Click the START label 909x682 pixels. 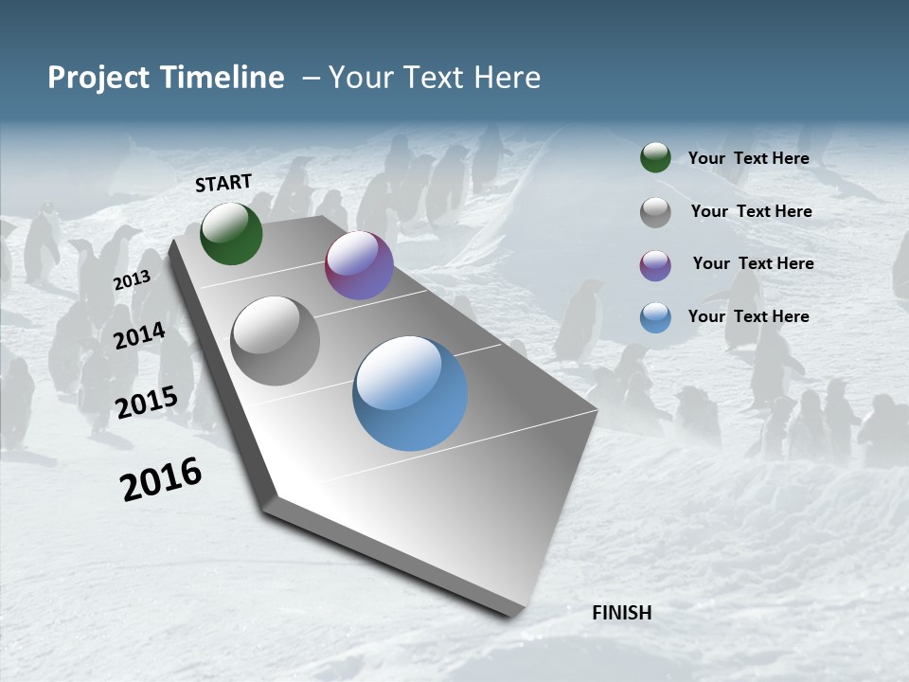pyautogui.click(x=223, y=183)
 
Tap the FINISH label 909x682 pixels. pyautogui.click(x=622, y=613)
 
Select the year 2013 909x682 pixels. pyautogui.click(x=132, y=280)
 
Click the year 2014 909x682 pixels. pyautogui.click(x=140, y=336)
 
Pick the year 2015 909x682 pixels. pyautogui.click(x=147, y=403)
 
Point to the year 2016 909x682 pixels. pyautogui.click(x=161, y=478)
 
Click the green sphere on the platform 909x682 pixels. pyautogui.click(x=231, y=233)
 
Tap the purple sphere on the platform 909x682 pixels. pyautogui.click(x=359, y=265)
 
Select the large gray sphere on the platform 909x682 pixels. pyautogui.click(x=276, y=341)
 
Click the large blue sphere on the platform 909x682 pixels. pyautogui.click(x=410, y=393)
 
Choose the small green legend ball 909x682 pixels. pyautogui.click(x=655, y=157)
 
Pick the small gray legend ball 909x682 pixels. pyautogui.click(x=655, y=211)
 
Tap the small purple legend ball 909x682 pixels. pyautogui.click(x=655, y=264)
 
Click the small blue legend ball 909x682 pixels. pyautogui.click(x=655, y=317)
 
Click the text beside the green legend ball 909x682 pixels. pyautogui.click(x=748, y=158)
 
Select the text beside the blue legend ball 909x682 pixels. pyautogui.click(x=748, y=316)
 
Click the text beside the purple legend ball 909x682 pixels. pyautogui.click(x=753, y=263)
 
